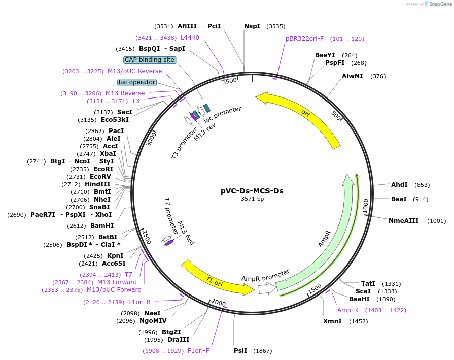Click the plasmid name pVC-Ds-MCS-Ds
(252, 191)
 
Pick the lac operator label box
(136, 82)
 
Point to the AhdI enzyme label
(399, 185)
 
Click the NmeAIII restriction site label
(404, 220)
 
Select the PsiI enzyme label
(240, 351)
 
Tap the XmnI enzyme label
(332, 321)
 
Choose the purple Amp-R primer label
(348, 310)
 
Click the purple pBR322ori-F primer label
(304, 39)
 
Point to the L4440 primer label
(190, 38)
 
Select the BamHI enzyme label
(102, 225)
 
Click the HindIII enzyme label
(97, 184)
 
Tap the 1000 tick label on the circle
(365, 206)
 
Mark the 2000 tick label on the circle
(218, 303)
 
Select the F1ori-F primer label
(198, 351)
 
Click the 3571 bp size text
(252, 199)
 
